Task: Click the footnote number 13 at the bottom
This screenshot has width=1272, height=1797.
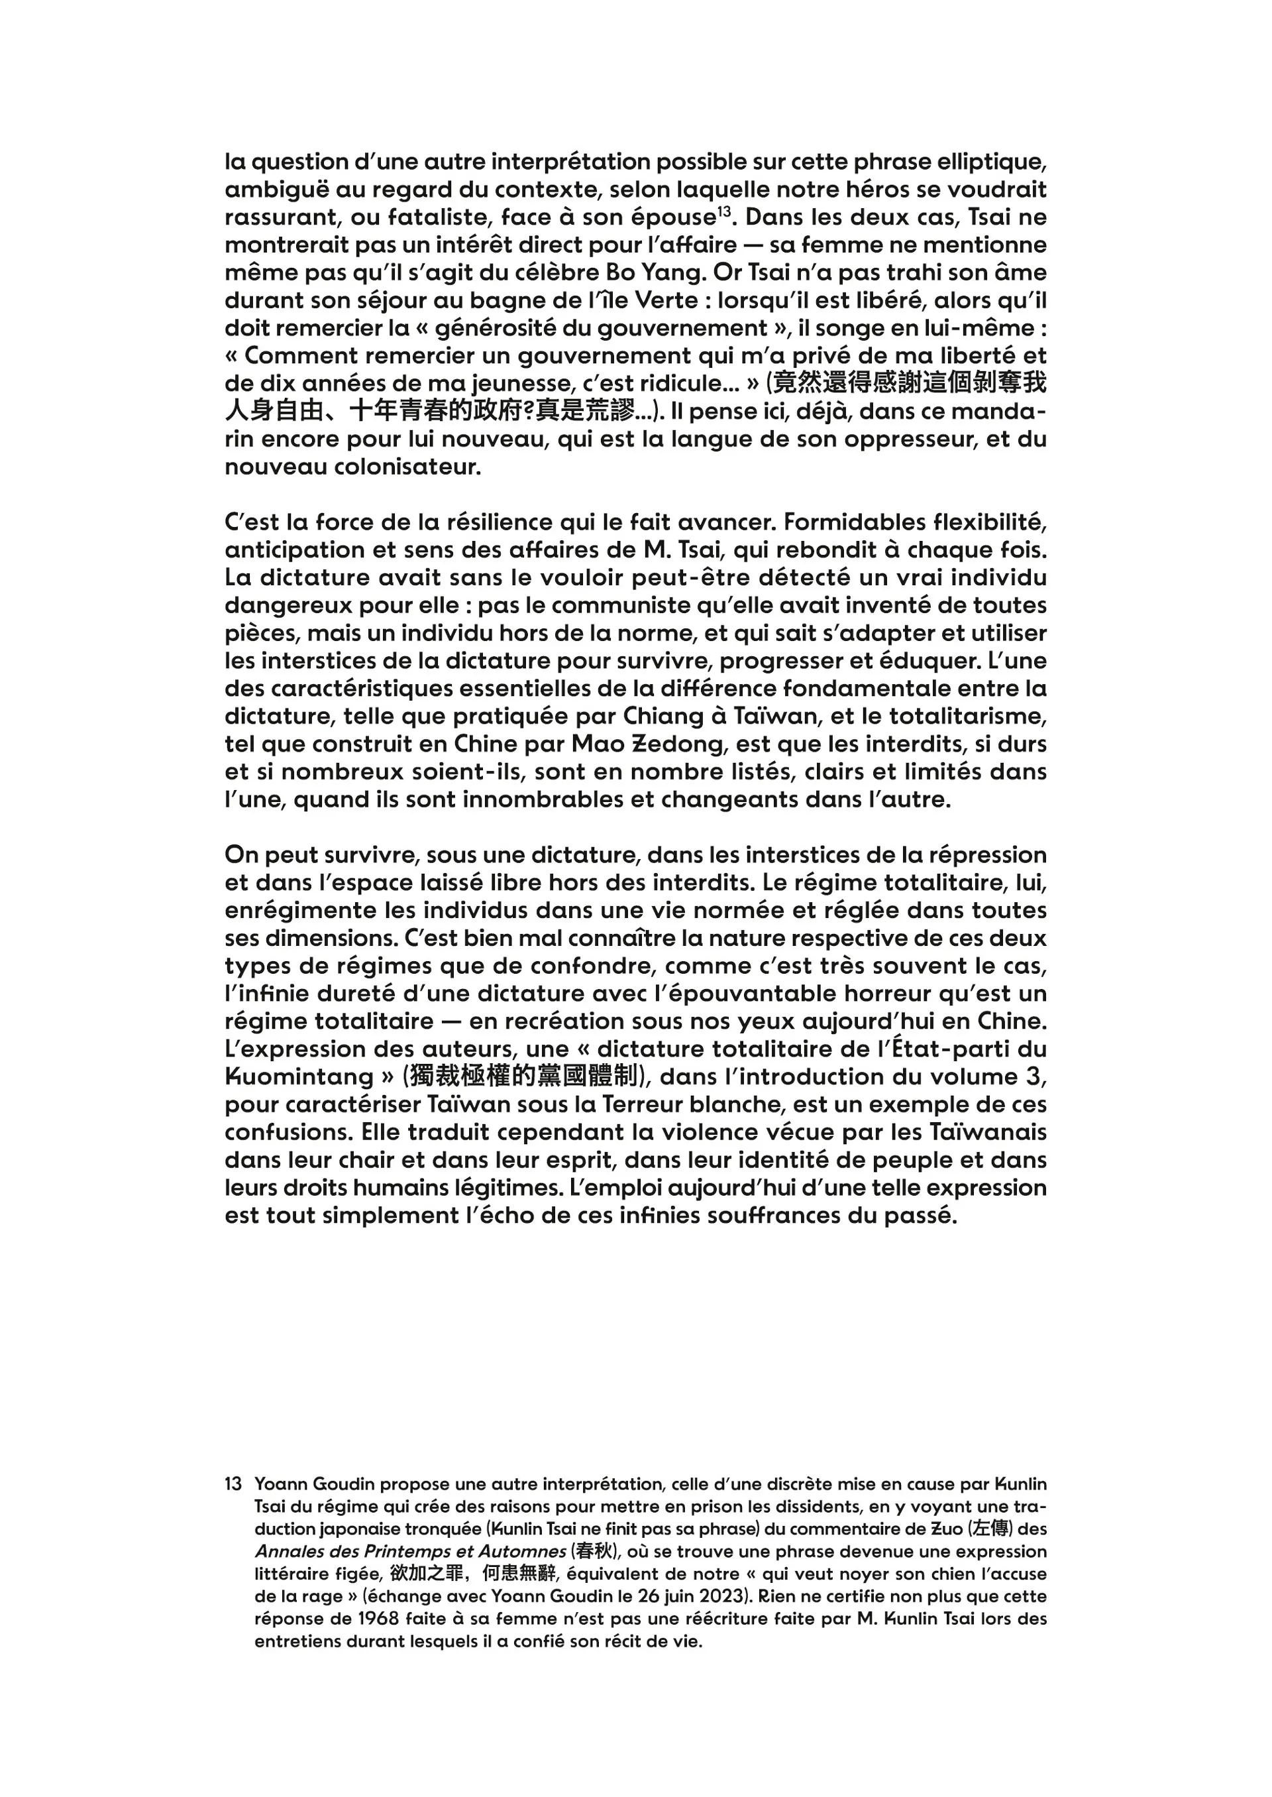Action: [x=233, y=1484]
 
